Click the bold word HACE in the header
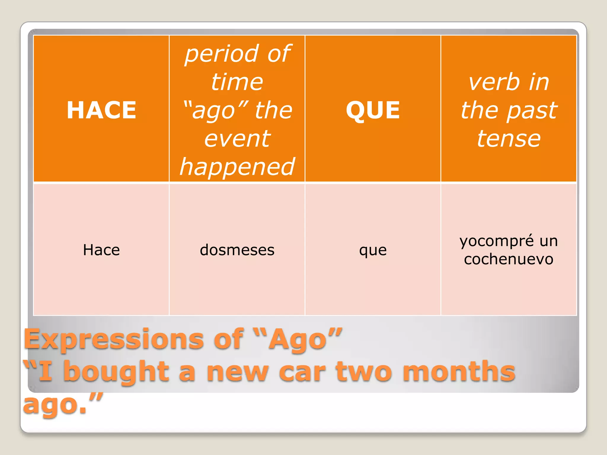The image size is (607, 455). [x=101, y=110]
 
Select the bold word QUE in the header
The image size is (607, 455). [x=373, y=110]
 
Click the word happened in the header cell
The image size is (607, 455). [x=237, y=167]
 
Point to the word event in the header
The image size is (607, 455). [x=237, y=139]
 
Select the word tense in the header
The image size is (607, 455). [x=509, y=139]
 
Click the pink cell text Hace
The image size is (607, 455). [x=101, y=250]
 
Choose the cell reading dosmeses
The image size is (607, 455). [x=237, y=250]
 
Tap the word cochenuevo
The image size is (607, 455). [x=509, y=259]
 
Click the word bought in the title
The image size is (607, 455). [x=116, y=372]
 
